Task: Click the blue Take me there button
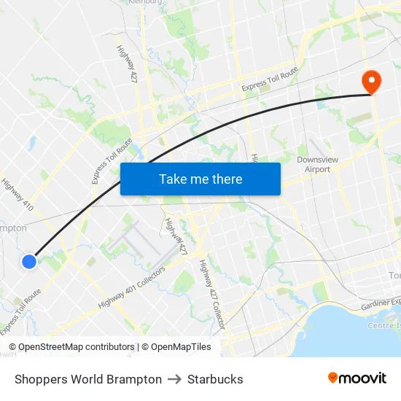200,179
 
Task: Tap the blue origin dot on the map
29,261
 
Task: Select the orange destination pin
371,81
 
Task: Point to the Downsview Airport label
314,164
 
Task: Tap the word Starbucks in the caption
215,379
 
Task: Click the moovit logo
357,378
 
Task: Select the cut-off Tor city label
394,276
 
